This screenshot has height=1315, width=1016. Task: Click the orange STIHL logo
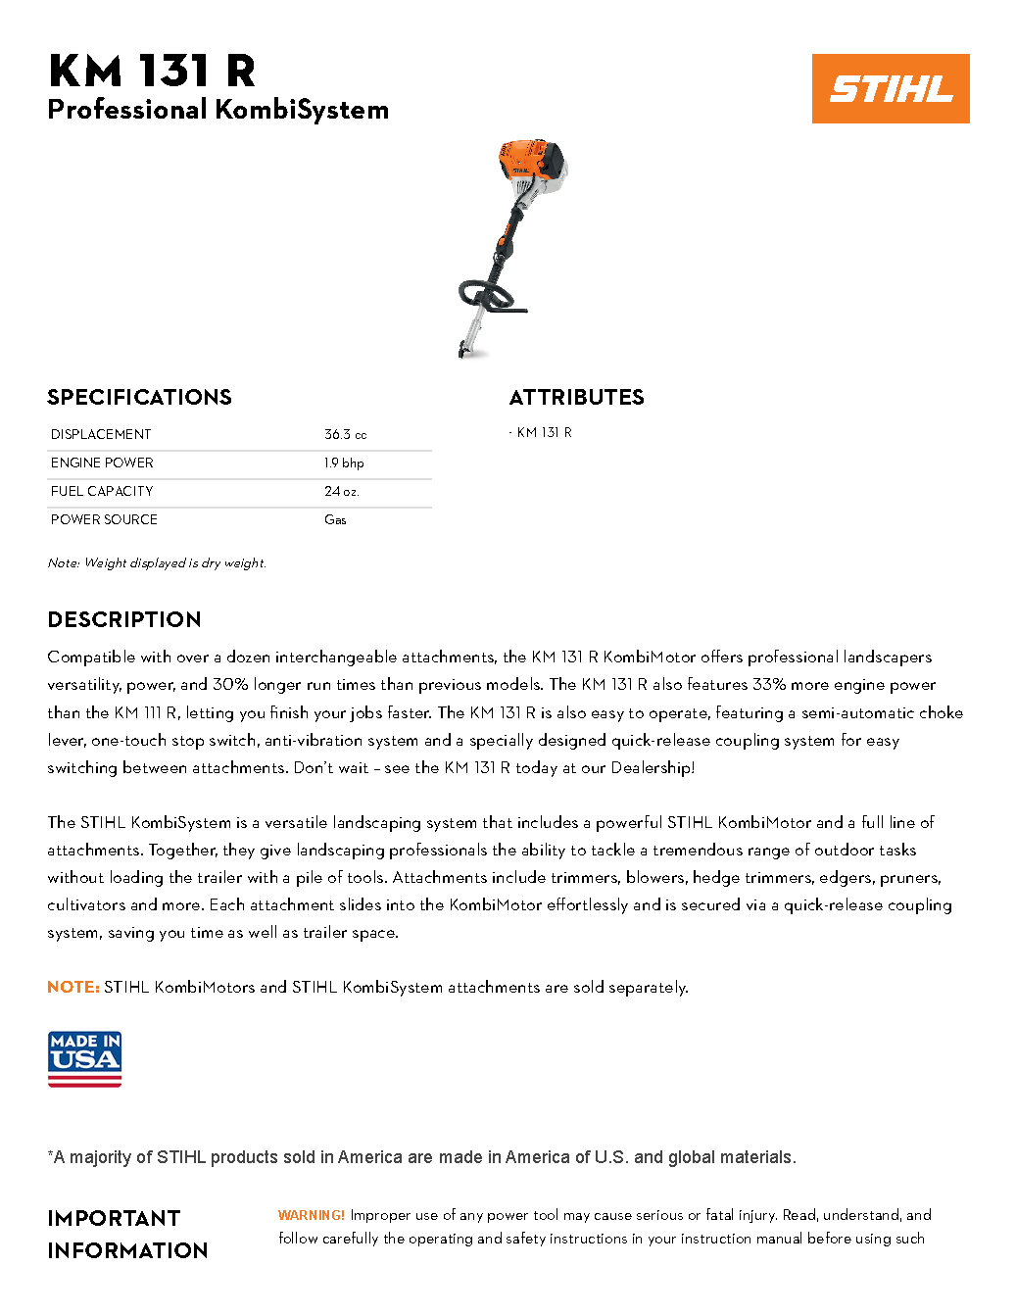[890, 88]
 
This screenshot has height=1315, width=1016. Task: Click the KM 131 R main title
[152, 71]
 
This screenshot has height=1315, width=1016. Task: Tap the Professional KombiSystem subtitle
[218, 110]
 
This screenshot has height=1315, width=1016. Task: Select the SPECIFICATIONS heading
[139, 397]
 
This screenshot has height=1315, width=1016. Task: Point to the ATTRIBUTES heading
[576, 397]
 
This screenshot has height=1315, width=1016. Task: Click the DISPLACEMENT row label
[101, 434]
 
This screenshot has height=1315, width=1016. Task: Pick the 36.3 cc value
[345, 434]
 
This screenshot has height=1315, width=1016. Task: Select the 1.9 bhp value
[344, 463]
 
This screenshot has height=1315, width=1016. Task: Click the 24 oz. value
[341, 491]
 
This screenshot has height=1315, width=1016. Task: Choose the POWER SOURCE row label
[104, 519]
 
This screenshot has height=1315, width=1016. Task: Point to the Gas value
[335, 519]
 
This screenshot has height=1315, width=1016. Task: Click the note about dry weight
[157, 563]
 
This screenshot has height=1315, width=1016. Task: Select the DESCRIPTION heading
[124, 619]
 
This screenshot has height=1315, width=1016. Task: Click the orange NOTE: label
[73, 987]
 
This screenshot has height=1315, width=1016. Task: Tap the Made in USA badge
[84, 1059]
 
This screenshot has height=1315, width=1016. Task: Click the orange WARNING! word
[311, 1215]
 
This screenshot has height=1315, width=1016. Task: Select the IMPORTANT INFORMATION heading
[127, 1234]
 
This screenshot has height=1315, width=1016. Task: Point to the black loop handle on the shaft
[486, 295]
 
